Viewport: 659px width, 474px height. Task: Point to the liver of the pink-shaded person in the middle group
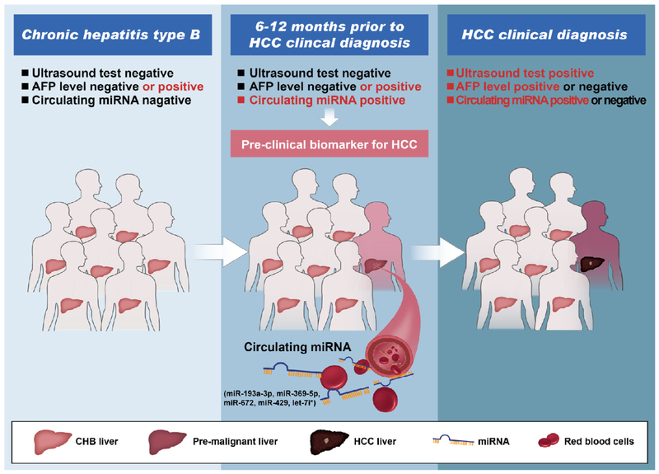[x=376, y=266]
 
